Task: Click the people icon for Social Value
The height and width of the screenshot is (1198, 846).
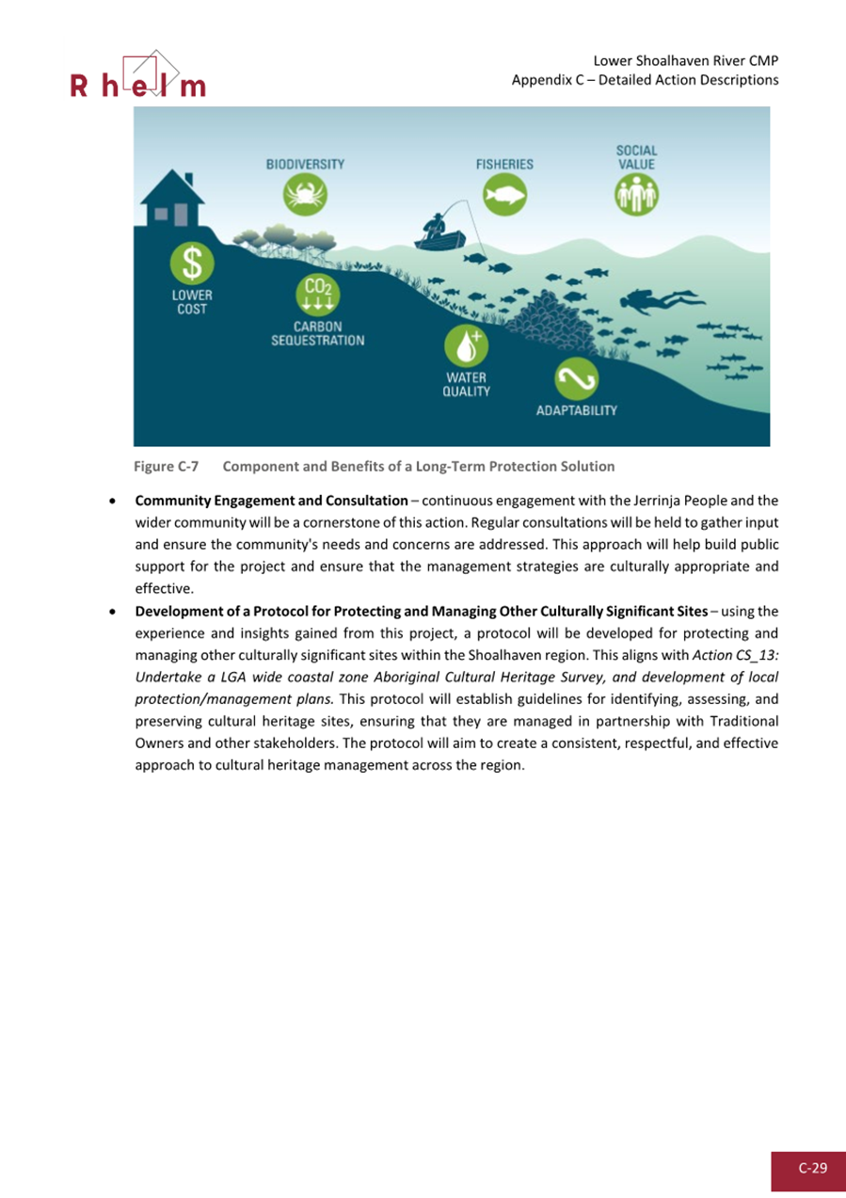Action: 636,195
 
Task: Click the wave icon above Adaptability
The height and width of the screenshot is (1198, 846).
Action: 576,379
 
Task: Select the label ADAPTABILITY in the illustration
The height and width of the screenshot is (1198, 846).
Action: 576,411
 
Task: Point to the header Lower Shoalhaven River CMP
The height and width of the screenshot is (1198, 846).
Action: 686,61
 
